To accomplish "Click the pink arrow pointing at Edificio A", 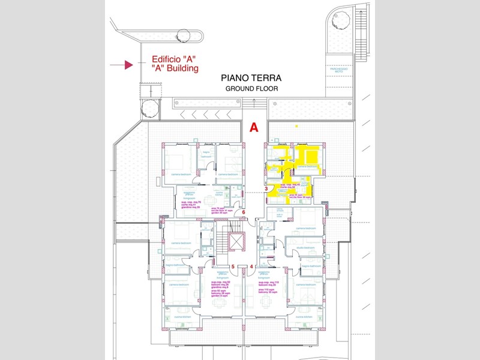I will click(x=128, y=65).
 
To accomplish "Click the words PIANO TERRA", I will click(x=251, y=78).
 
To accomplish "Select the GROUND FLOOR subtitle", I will click(x=251, y=89).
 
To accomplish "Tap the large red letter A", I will click(x=254, y=127).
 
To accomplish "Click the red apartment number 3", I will click(x=266, y=188).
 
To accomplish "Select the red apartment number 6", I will click(x=243, y=212).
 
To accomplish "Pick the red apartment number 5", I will click(x=233, y=266).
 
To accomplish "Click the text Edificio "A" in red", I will click(x=174, y=59).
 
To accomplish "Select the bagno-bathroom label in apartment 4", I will click(x=312, y=265).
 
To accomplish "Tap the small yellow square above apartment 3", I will click(x=296, y=126).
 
